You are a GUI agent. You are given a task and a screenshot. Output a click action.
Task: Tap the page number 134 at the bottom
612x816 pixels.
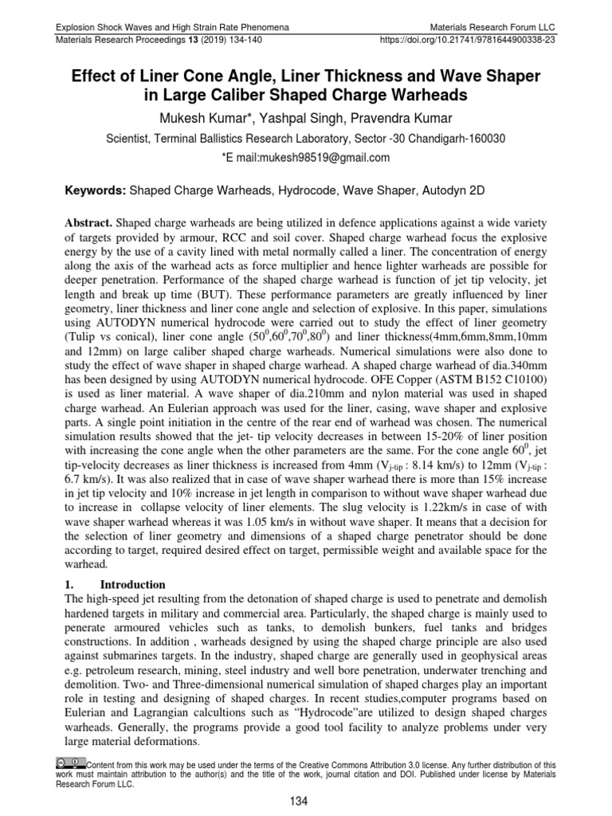click(x=306, y=801)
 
